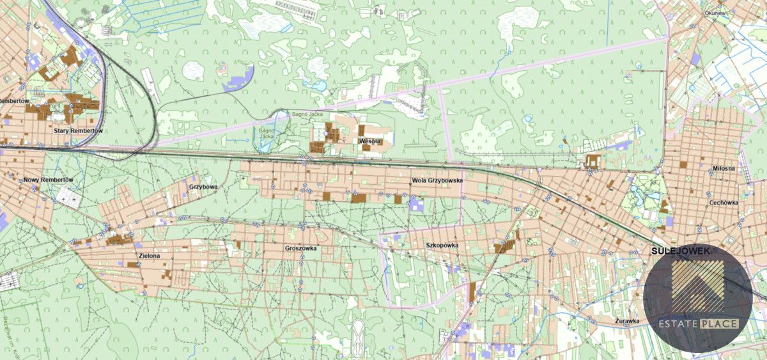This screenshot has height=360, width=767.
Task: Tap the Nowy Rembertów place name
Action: coord(49,180)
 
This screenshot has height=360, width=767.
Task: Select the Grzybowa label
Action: coord(203,187)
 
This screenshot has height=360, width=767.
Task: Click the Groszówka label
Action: coord(300,248)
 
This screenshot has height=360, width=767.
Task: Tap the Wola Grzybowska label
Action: coord(437,181)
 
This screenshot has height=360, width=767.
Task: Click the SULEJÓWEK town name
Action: coord(680,252)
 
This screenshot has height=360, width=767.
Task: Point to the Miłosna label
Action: coord(724,168)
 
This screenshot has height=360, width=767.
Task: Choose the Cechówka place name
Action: coord(724,203)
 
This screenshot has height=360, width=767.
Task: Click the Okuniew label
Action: coord(714,12)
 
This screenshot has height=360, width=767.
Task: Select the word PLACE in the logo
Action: coord(718,324)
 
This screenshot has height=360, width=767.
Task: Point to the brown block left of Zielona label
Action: coord(116,240)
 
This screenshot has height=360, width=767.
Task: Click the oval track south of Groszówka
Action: coord(358,333)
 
